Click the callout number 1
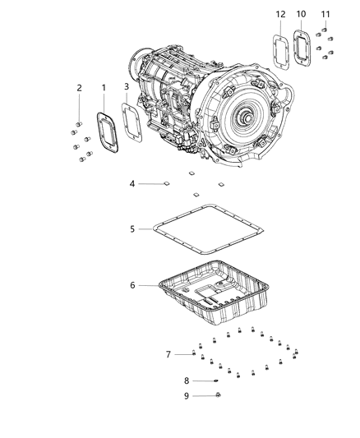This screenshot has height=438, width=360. coord(104,87)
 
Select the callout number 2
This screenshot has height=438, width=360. coord(79,88)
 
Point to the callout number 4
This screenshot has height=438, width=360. coord(132,183)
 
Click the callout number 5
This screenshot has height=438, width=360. coord(132,229)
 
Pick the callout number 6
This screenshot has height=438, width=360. coord(132,285)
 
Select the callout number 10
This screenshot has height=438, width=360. coord(301,15)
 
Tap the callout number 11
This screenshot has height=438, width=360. coord(325,15)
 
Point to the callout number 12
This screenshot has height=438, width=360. coord(280,15)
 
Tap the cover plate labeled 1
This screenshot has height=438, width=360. coord(106,132)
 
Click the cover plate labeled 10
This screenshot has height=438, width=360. coord(302,52)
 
